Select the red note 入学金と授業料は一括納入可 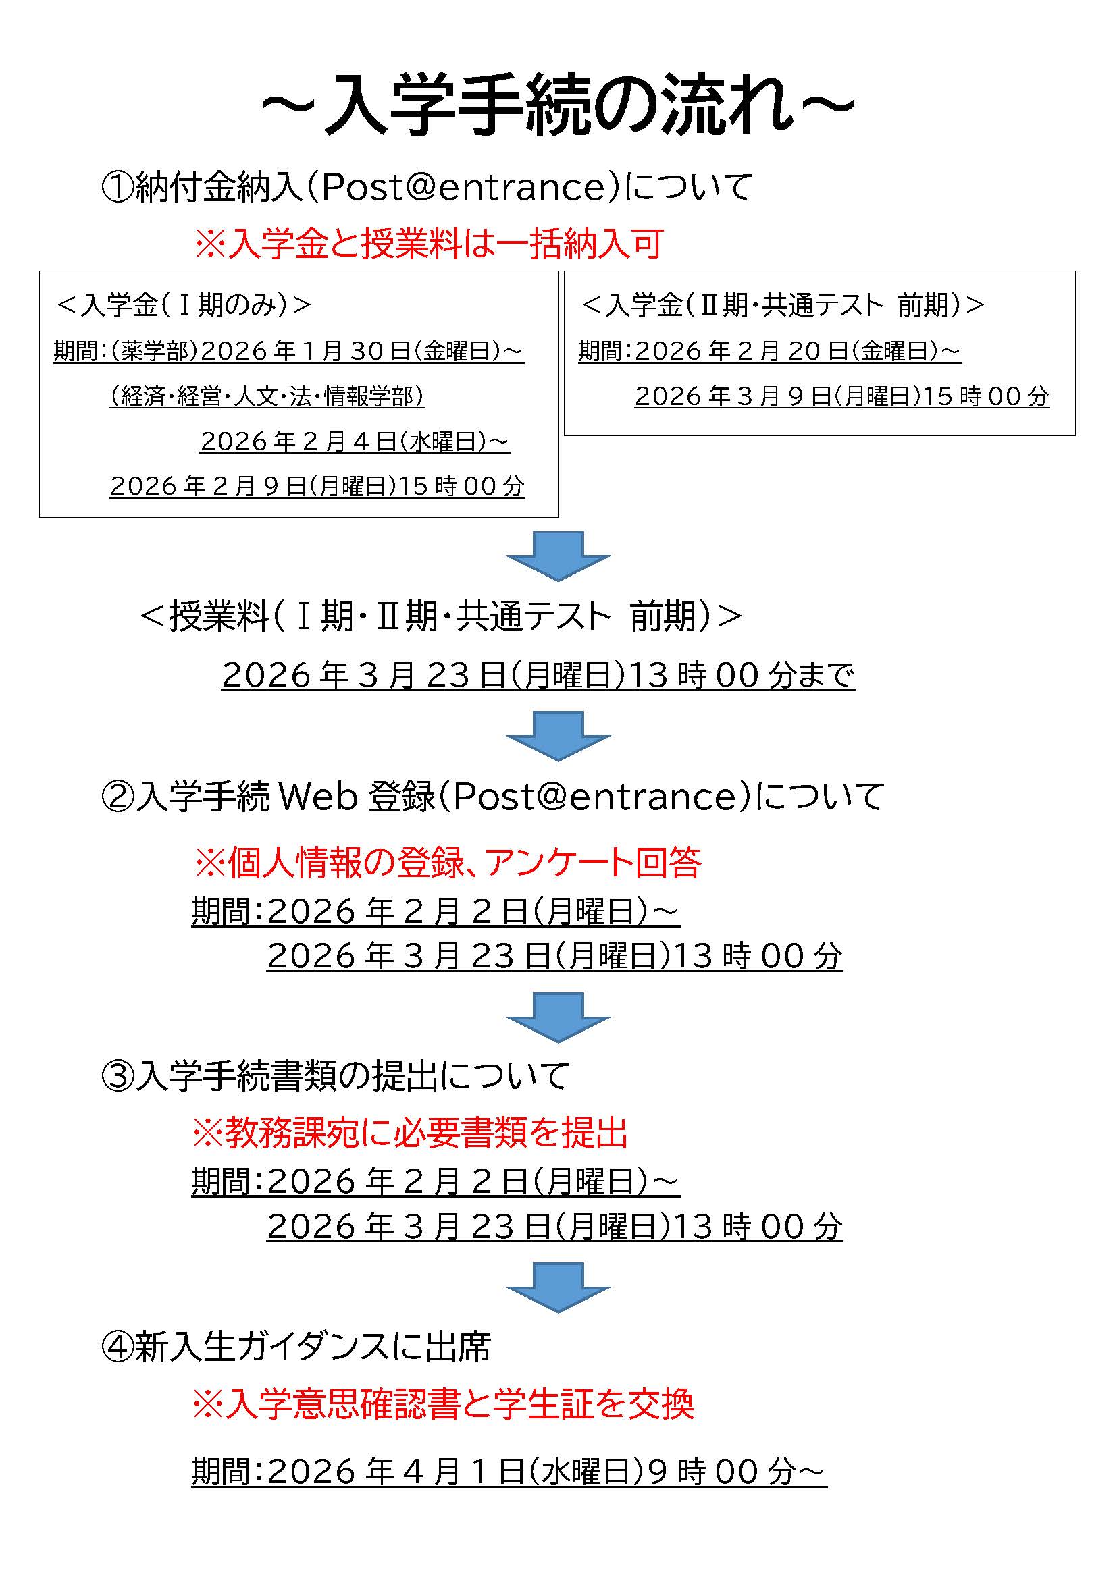pyautogui.click(x=430, y=244)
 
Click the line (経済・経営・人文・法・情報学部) pyautogui.click(x=267, y=396)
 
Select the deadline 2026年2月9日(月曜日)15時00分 pyautogui.click(x=317, y=486)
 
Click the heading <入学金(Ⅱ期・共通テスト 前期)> pyautogui.click(x=783, y=304)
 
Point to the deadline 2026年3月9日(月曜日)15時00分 pyautogui.click(x=842, y=396)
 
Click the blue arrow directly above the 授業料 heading pyautogui.click(x=558, y=556)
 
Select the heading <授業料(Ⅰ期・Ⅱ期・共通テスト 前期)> pyautogui.click(x=441, y=616)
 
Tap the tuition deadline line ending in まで pyautogui.click(x=538, y=675)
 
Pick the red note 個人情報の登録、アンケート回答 pyautogui.click(x=447, y=862)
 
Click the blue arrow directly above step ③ pyautogui.click(x=558, y=1017)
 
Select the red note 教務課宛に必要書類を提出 pyautogui.click(x=410, y=1133)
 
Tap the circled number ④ pyautogui.click(x=116, y=1348)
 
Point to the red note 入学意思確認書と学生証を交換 pyautogui.click(x=444, y=1404)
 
